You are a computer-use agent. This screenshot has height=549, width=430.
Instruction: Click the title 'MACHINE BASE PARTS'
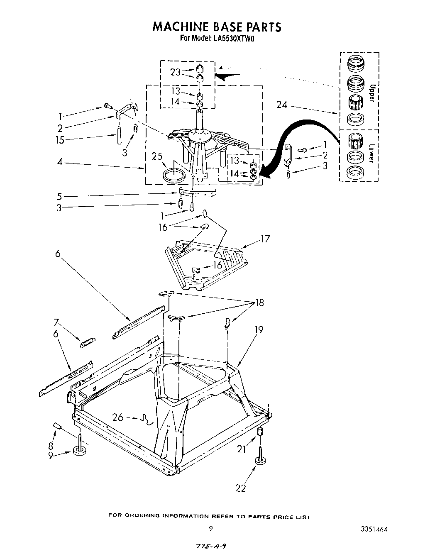[217, 27]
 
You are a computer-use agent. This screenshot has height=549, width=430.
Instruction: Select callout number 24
[283, 105]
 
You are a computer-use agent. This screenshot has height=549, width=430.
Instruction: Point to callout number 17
[264, 239]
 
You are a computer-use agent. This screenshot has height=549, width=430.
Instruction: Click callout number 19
[259, 330]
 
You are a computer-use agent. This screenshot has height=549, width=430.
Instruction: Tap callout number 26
[118, 417]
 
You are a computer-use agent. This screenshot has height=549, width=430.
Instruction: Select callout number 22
[241, 488]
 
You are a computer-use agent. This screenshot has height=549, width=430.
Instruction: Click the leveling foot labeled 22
[260, 461]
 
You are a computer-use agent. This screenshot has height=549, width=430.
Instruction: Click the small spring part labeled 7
[88, 343]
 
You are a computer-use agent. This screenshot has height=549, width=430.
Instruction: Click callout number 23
[175, 72]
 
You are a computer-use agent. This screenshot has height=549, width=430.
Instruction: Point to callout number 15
[60, 140]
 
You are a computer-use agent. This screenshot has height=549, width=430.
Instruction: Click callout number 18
[260, 303]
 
